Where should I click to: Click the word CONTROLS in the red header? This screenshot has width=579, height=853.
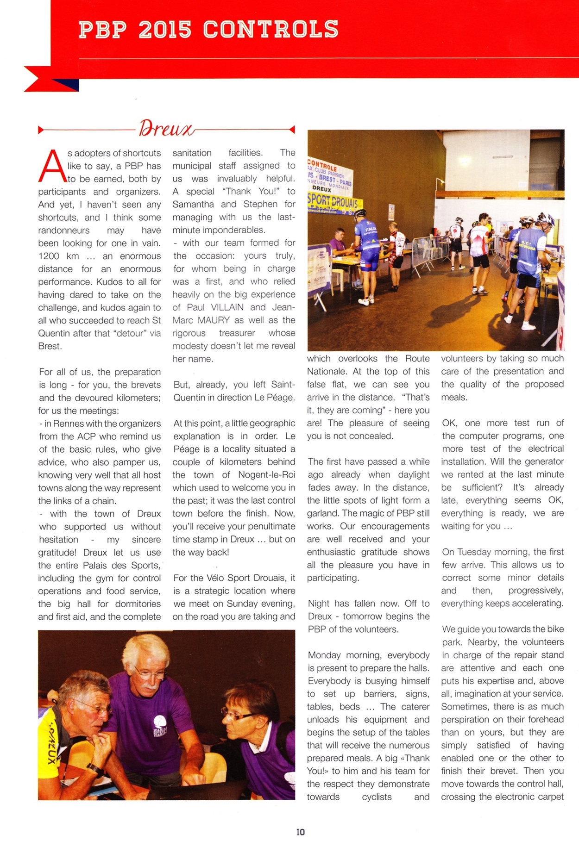pos(271,30)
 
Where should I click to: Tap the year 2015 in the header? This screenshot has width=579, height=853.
pos(165,30)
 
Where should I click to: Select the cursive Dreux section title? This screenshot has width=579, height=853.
pos(166,128)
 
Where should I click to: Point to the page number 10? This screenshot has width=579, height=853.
pos(301,832)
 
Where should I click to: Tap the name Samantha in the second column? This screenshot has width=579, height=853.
pos(193,204)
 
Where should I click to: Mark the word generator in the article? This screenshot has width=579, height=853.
pos(547,461)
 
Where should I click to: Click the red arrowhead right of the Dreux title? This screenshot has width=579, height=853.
pos(292,130)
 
